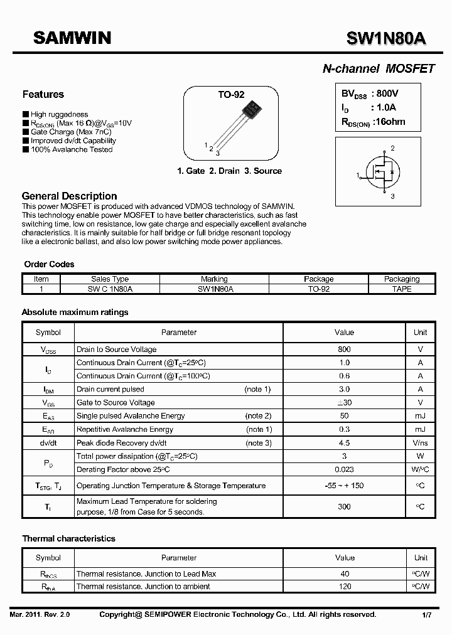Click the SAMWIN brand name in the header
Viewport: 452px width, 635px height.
coord(72,38)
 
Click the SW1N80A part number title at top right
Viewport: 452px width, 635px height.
coord(386,39)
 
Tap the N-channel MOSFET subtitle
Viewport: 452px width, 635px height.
coord(379,69)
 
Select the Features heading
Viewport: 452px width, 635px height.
coord(43,95)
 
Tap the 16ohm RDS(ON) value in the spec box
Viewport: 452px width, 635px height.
coord(389,122)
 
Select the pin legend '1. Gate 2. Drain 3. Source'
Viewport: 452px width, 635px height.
coord(229,171)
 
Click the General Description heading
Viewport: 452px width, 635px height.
coord(70,196)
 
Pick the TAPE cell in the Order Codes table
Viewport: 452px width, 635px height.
coord(402,289)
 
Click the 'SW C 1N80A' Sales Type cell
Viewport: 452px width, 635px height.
coord(110,289)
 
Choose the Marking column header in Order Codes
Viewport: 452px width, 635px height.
coord(215,279)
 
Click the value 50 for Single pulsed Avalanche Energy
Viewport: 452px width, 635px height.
coord(344,416)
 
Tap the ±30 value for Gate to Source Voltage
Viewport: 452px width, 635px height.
coord(344,403)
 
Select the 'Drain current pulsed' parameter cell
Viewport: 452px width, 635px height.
coord(110,390)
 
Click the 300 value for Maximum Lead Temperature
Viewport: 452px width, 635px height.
coord(344,506)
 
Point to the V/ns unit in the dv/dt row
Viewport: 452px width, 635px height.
coord(421,443)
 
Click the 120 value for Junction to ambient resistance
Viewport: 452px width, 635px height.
coord(345,587)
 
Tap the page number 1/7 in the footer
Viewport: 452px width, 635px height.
coord(426,615)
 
